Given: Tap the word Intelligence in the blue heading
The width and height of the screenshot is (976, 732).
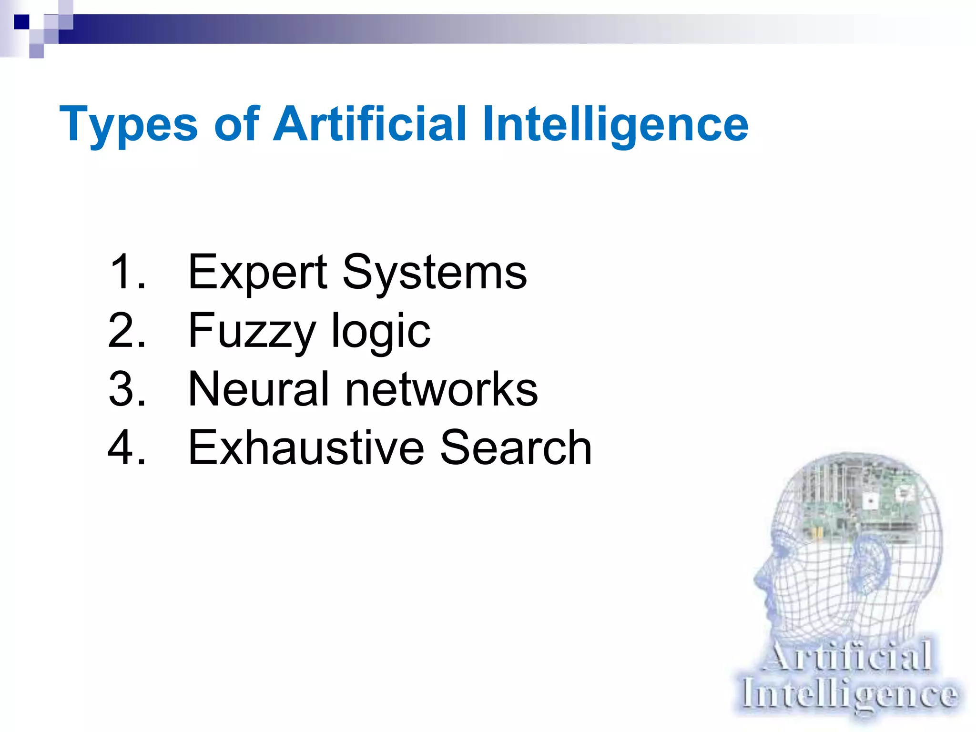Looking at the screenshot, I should click(x=615, y=124).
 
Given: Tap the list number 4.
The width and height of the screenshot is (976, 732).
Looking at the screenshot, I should click(x=126, y=447).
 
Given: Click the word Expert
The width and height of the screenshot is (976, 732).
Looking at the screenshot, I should click(x=257, y=273).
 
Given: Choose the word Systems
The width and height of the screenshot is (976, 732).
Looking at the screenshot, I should click(x=435, y=273).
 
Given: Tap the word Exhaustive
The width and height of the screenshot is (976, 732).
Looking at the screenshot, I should click(x=306, y=448).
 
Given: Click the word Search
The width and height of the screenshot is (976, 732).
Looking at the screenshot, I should click(x=516, y=448).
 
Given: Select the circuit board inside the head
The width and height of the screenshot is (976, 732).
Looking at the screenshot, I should click(x=858, y=500).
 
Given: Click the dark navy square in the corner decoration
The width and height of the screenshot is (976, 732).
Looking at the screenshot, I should click(x=21, y=22).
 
